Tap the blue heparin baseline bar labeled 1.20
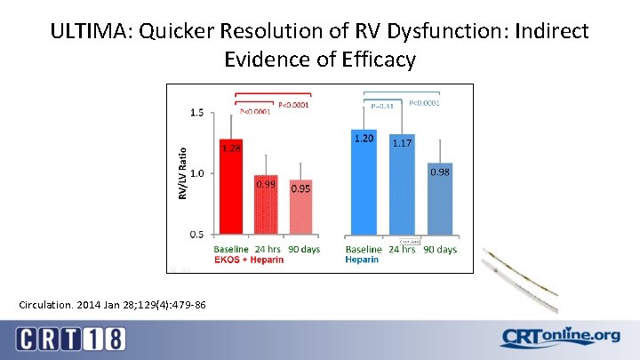pos(364,182)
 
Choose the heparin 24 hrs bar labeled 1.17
pos(401,184)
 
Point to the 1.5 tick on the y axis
pos(196,114)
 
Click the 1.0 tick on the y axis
pos(196,173)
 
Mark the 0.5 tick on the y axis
pos(196,234)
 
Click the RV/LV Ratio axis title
pos(183,173)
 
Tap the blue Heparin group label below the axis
pos(363,260)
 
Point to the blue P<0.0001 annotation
pos(422,103)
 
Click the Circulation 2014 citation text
pos(112,305)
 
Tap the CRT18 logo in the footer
pos(71,339)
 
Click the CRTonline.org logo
pos(560,338)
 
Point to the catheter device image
pos(520,277)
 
